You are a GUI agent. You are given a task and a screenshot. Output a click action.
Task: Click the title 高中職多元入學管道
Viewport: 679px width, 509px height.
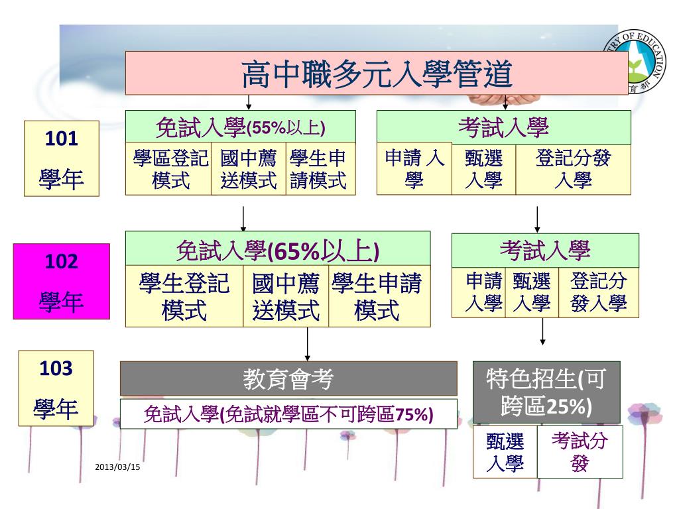tap(377, 74)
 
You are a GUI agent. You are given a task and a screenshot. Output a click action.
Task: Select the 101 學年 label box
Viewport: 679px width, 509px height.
tap(61, 158)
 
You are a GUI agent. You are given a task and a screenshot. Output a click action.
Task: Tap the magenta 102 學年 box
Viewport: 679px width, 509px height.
tap(61, 281)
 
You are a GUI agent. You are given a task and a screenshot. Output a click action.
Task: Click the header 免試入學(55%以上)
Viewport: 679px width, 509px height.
tap(240, 126)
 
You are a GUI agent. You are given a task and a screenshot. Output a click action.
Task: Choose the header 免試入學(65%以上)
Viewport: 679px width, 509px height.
tap(277, 251)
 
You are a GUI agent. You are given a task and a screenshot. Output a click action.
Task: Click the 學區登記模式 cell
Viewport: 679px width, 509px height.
tap(170, 169)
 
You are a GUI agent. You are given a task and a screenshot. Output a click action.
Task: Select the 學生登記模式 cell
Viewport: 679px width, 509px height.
tap(184, 296)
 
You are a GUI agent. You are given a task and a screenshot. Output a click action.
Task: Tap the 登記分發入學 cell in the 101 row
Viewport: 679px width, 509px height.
tap(573, 169)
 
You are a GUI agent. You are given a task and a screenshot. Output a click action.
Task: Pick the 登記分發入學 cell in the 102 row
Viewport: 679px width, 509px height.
tap(598, 293)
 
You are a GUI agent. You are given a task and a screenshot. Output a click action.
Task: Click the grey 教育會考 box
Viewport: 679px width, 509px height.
tap(288, 378)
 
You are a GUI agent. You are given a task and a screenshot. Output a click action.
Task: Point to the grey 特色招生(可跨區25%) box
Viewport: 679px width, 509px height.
tap(546, 392)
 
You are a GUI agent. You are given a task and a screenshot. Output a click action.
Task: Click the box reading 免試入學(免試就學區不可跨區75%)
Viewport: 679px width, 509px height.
tap(288, 414)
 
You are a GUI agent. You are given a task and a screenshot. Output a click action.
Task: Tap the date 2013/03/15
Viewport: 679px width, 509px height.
tap(117, 468)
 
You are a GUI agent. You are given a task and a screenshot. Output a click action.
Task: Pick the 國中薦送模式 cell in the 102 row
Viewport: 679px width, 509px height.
tap(286, 296)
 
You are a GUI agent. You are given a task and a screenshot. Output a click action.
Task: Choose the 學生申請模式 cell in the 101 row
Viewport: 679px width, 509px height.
tap(319, 169)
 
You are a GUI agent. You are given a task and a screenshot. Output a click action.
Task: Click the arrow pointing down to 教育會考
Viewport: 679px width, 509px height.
tap(308, 345)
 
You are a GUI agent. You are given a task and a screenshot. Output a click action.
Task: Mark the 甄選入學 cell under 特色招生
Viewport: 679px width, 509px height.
tap(505, 453)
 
